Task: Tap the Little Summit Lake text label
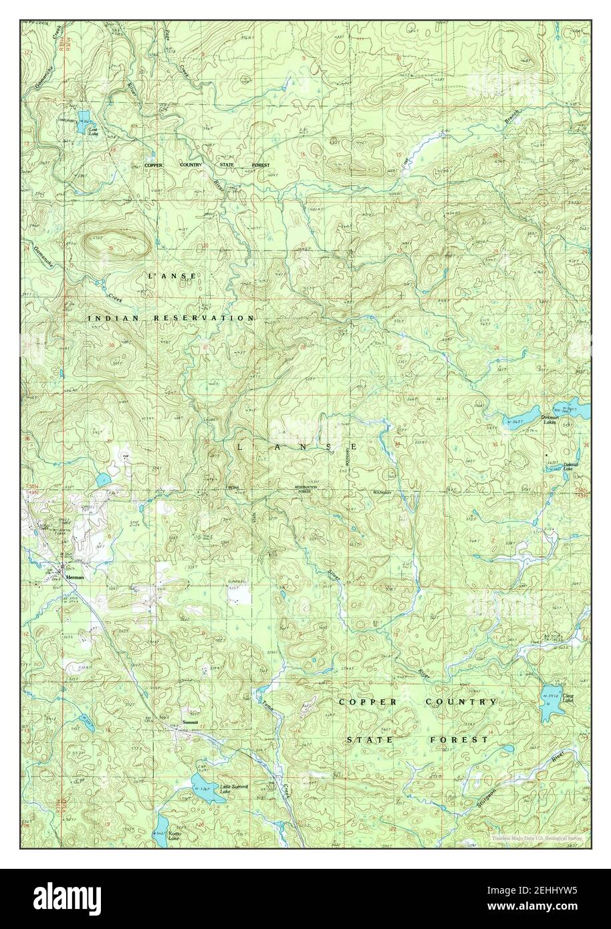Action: (233, 789)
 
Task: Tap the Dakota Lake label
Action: (568, 467)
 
